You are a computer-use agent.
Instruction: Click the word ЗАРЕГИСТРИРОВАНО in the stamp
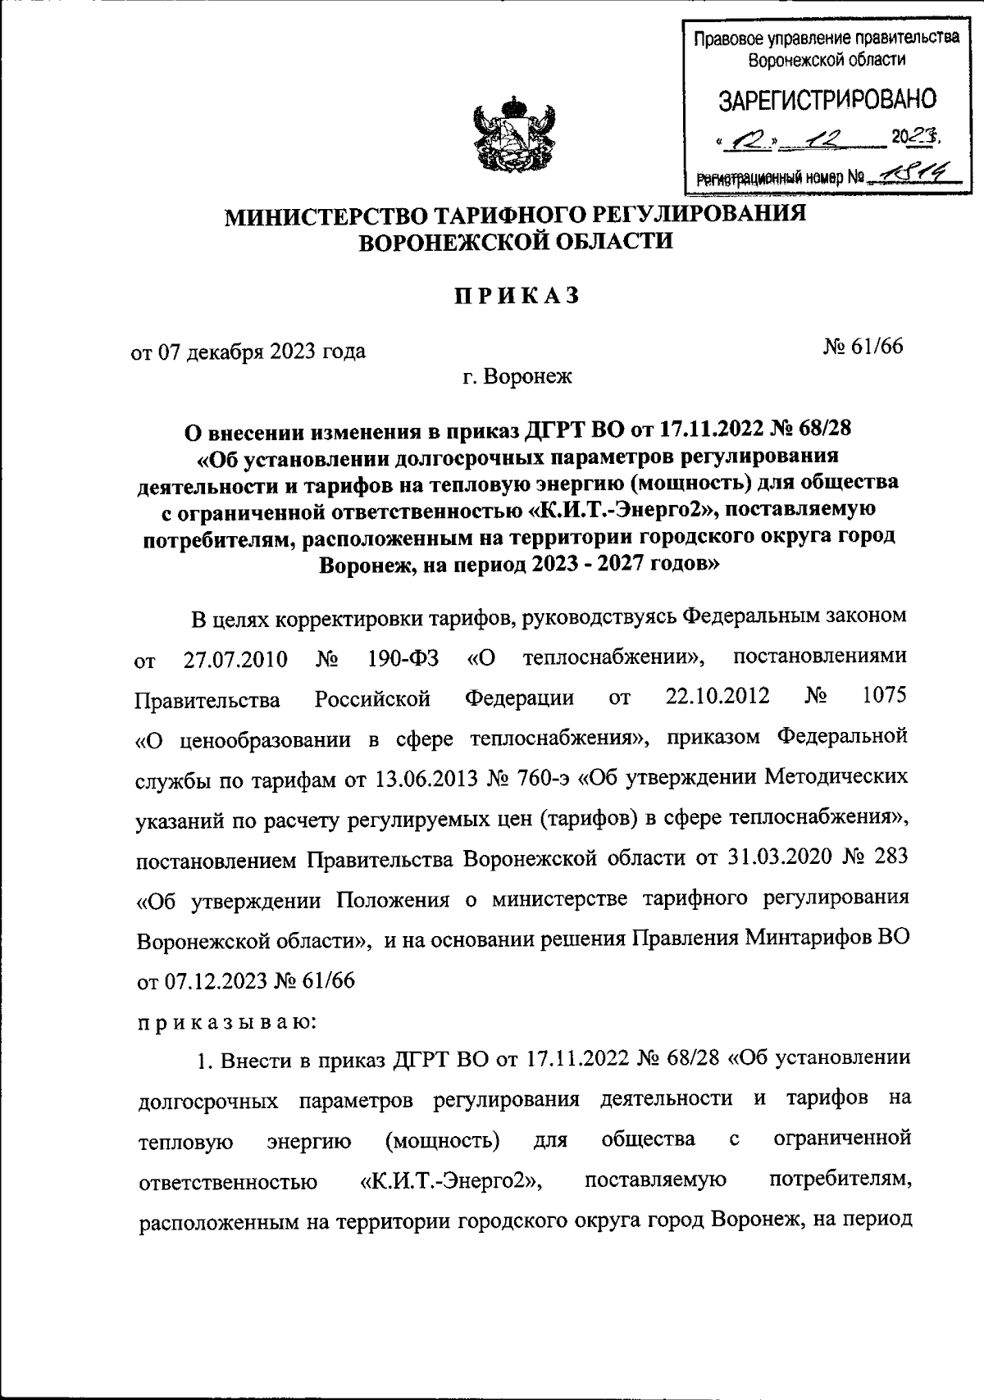[827, 100]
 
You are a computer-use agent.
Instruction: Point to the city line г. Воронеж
[516, 377]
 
